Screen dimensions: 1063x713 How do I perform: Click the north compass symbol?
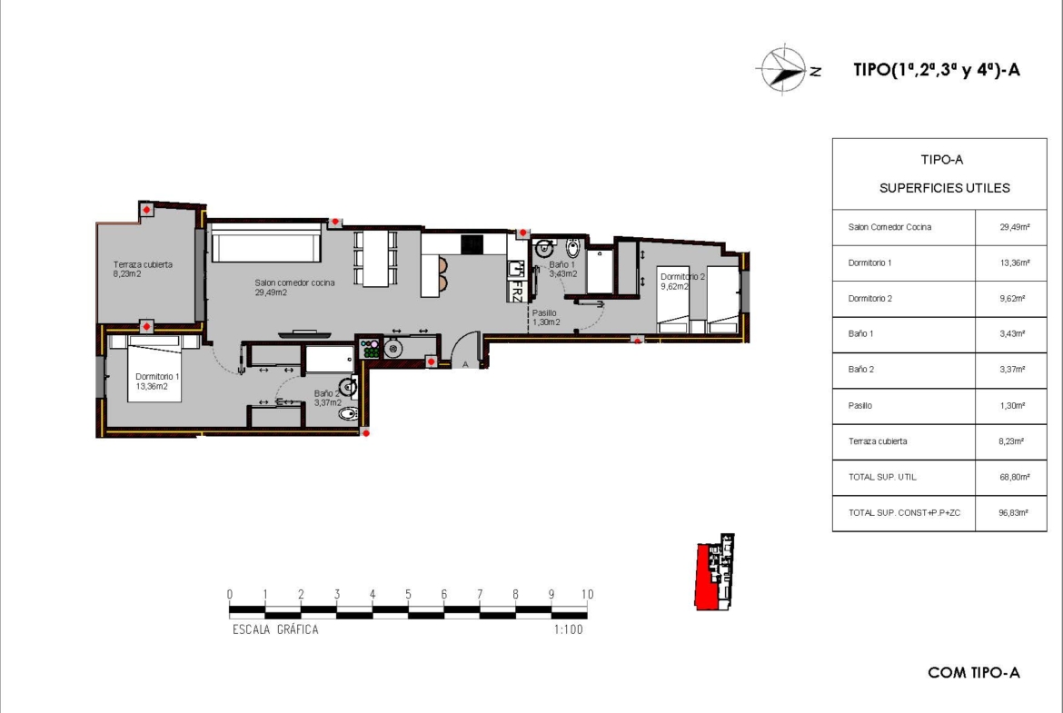point(787,69)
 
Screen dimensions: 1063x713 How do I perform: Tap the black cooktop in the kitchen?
point(472,244)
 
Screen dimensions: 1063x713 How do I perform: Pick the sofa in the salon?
point(265,244)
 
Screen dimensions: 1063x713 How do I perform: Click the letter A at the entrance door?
point(465,364)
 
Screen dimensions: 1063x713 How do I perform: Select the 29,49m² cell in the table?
point(1015,227)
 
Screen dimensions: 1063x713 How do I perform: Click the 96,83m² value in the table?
point(1014,513)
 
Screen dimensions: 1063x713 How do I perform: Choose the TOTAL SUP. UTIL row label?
point(882,477)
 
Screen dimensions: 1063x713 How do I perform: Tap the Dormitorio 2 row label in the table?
point(869,298)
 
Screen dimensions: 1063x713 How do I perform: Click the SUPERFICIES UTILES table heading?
point(944,188)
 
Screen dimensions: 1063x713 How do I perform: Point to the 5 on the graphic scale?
point(408,594)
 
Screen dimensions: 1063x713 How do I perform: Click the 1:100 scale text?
point(568,629)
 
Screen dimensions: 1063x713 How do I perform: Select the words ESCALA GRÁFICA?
point(275,629)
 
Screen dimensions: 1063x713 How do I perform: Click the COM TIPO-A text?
point(974,672)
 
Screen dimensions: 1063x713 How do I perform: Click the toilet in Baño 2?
point(348,412)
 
